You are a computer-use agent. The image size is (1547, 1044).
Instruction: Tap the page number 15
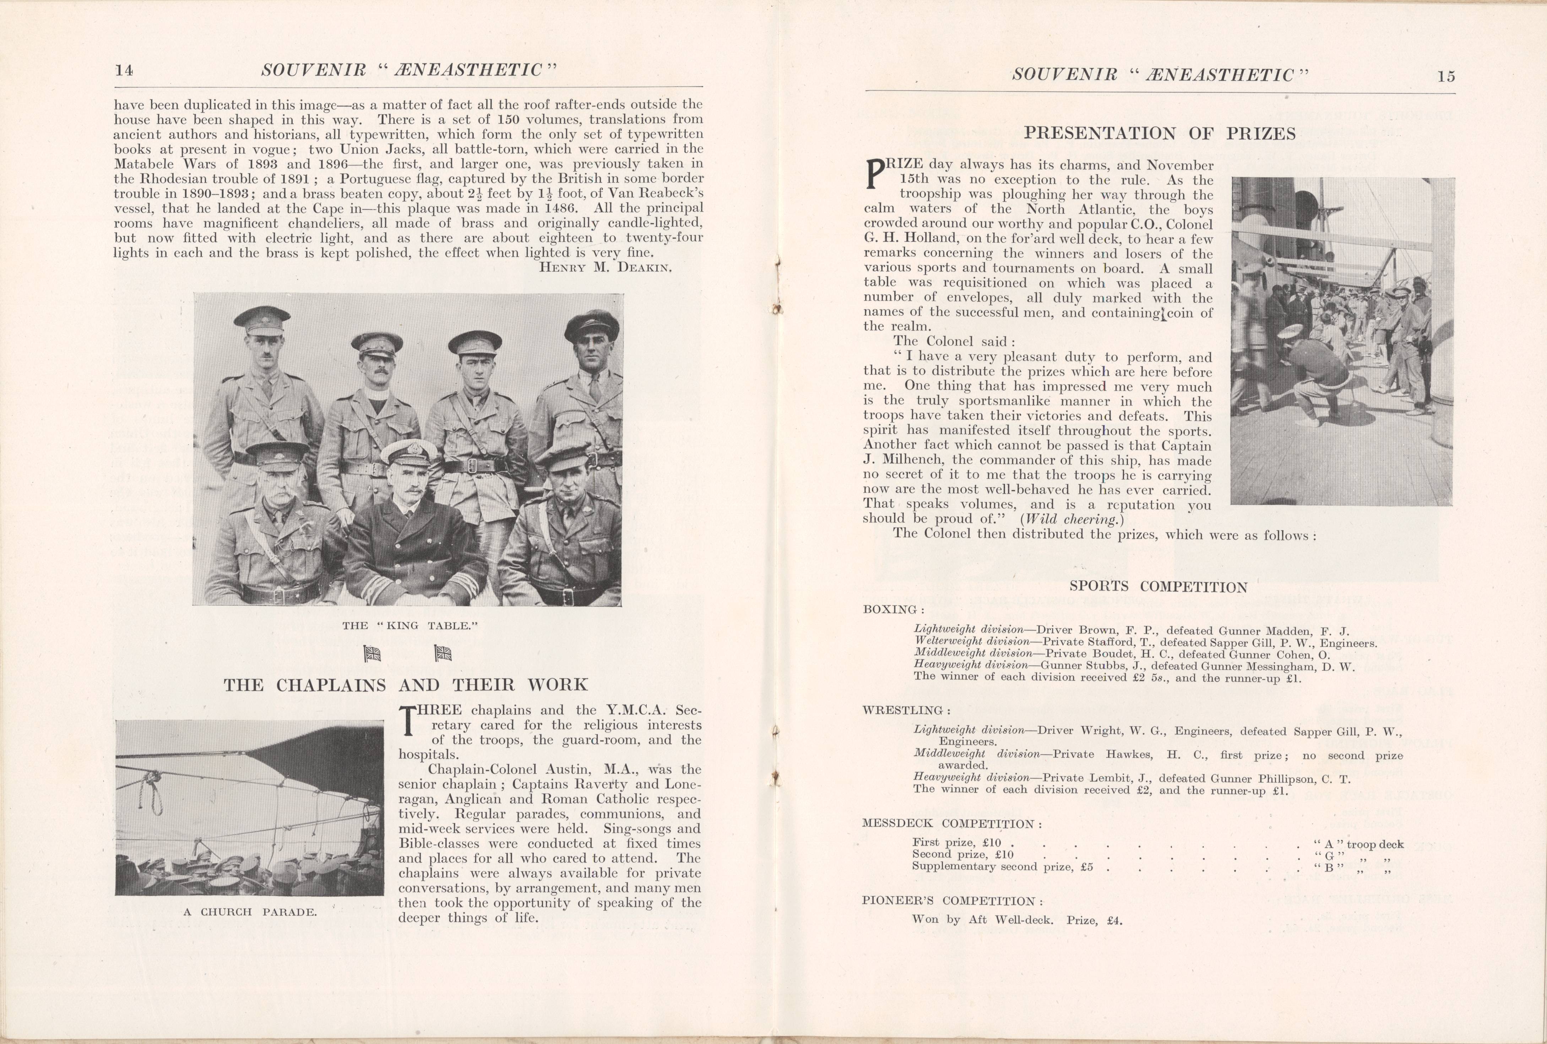pos(1446,76)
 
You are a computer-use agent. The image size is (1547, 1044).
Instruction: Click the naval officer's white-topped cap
pos(406,451)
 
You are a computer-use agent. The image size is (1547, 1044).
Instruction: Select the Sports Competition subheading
pos(1158,587)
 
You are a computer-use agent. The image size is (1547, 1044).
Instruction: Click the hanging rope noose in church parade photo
pos(158,799)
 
